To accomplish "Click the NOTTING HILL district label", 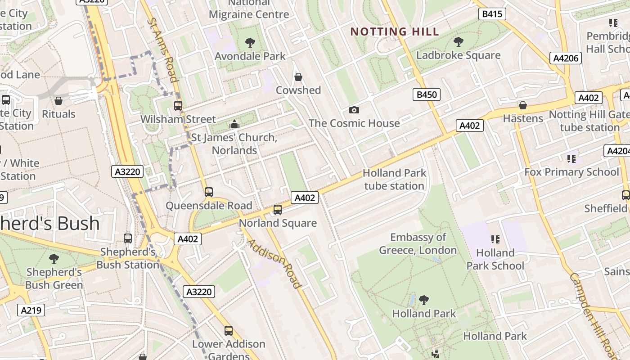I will [394, 31].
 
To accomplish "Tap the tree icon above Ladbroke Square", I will [459, 42].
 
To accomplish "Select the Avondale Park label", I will [250, 56].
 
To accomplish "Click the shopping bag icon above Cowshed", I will [298, 77].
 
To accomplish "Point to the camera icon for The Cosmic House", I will [354, 110].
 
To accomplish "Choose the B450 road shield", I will [426, 94].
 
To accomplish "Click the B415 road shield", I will [492, 14].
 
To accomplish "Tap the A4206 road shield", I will [566, 58].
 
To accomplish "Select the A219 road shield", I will [31, 310].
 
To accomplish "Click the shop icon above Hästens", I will [523, 105].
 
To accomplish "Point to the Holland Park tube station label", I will [394, 180].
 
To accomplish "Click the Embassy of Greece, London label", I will [418, 243].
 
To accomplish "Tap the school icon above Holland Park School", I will [495, 239].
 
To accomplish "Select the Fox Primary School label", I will [571, 172].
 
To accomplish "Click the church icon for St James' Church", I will [234, 124].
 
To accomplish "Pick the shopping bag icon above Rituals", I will [58, 101].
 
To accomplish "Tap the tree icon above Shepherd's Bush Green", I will [54, 259].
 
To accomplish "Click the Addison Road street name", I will [273, 263].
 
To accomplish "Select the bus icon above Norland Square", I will [278, 210].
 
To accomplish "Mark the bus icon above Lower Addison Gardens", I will [229, 331].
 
